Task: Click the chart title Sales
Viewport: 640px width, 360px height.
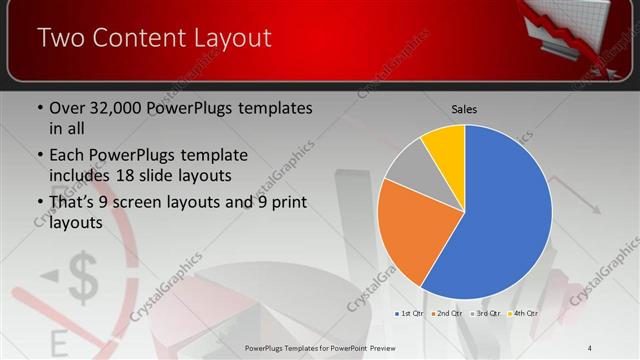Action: click(x=464, y=107)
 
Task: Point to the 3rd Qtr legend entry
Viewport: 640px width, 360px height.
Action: click(x=486, y=313)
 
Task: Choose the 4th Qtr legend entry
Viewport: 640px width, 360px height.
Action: click(x=523, y=313)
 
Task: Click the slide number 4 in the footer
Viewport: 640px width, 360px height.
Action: click(x=590, y=347)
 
